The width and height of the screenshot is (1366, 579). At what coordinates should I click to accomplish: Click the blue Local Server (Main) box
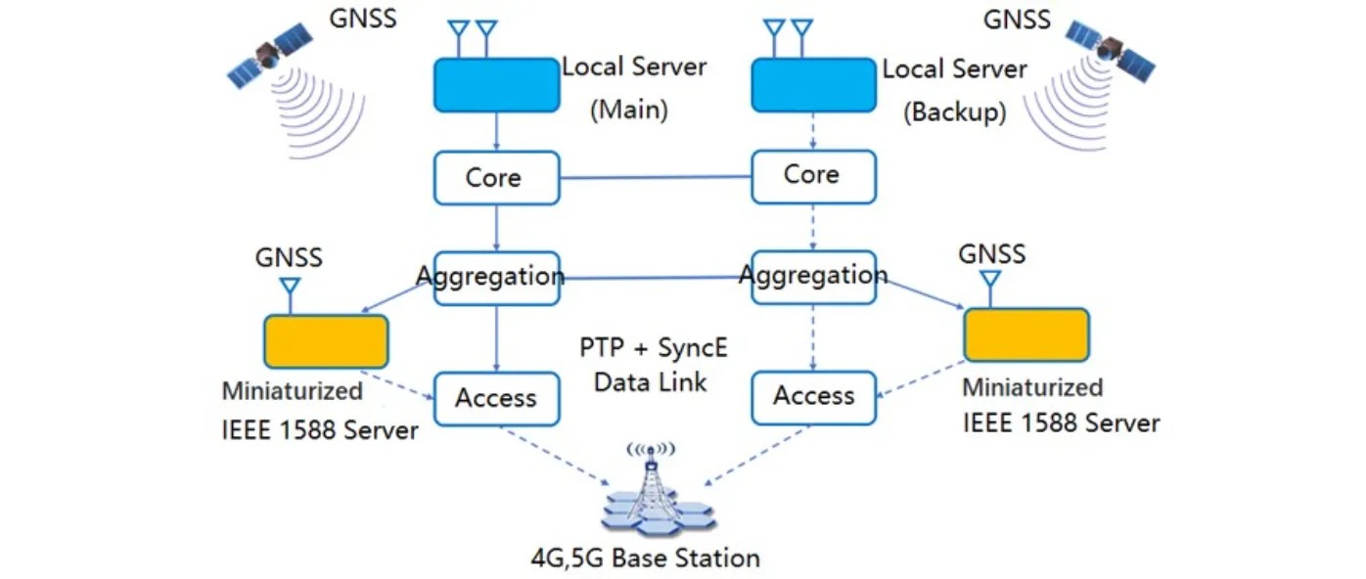tap(496, 85)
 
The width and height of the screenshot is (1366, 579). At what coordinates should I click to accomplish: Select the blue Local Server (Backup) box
tap(813, 85)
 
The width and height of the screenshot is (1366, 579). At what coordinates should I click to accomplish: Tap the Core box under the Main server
tap(496, 178)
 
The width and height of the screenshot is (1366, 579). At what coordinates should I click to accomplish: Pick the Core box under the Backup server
tap(813, 176)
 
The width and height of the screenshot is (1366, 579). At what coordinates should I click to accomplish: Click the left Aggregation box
tap(496, 278)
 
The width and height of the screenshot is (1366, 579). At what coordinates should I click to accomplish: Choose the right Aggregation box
tap(813, 277)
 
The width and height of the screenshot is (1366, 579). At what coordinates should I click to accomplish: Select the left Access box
tap(496, 398)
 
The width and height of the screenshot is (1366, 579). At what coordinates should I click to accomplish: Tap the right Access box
tap(813, 396)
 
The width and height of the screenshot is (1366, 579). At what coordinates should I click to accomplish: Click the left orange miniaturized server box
tap(326, 341)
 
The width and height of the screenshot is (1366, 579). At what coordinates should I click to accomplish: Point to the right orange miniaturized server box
tap(1025, 334)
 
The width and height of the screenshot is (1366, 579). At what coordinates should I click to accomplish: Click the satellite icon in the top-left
tap(268, 56)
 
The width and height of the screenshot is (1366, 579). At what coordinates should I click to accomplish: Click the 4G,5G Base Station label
tap(645, 558)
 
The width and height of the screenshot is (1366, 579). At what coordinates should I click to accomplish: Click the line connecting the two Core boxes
tap(655, 178)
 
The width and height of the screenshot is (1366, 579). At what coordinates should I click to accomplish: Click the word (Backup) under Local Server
tap(954, 111)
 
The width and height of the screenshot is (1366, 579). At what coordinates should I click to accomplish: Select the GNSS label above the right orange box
tap(991, 254)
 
